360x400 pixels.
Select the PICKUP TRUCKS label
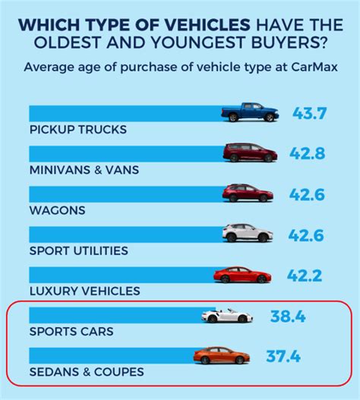pyautogui.click(x=77, y=129)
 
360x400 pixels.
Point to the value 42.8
pyautogui.click(x=310, y=153)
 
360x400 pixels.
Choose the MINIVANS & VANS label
pyautogui.click(x=84, y=170)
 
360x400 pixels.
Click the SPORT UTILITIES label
pyautogui.click(x=79, y=250)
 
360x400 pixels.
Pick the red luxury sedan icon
pyautogui.click(x=242, y=275)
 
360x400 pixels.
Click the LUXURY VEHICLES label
pyautogui.click(x=84, y=291)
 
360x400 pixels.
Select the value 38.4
pyautogui.click(x=287, y=316)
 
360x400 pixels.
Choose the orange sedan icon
pyautogui.click(x=221, y=355)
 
